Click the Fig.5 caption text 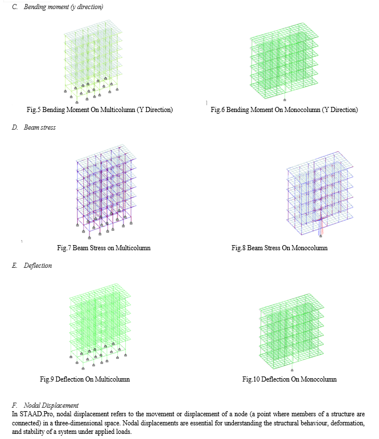[x=100, y=110]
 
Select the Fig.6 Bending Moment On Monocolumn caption [x=285, y=110]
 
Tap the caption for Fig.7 [x=104, y=248]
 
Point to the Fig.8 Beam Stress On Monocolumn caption [x=279, y=248]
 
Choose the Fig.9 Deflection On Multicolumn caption [x=85, y=379]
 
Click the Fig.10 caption [x=289, y=379]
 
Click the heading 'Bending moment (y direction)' [x=63, y=7]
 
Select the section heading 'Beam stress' [x=40, y=127]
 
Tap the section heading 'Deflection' [x=38, y=266]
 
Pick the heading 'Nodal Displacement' [x=51, y=405]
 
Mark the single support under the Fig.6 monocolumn [x=285, y=100]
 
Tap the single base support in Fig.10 [x=292, y=370]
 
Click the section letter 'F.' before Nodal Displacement [x=14, y=405]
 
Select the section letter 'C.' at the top [x=15, y=7]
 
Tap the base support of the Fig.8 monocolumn [x=321, y=236]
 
